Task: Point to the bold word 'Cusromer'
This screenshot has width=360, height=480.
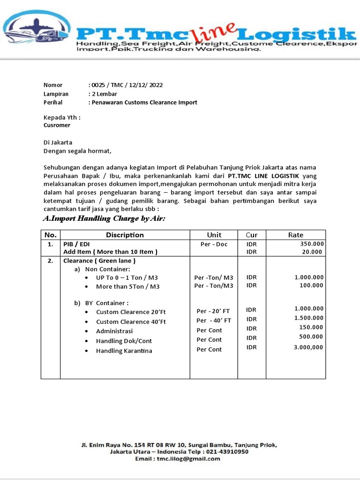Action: pyautogui.click(x=57, y=125)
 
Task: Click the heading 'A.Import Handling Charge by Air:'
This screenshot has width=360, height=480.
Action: pyautogui.click(x=104, y=218)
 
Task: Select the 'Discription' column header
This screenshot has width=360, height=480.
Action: pyautogui.click(x=125, y=235)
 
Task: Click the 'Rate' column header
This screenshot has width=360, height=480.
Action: pyautogui.click(x=295, y=235)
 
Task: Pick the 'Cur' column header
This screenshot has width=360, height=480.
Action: pyautogui.click(x=251, y=235)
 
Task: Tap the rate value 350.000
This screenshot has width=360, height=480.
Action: pyautogui.click(x=311, y=244)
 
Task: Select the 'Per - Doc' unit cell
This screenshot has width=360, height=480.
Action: pyautogui.click(x=214, y=244)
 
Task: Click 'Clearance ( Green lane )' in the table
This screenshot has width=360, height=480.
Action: pyautogui.click(x=99, y=261)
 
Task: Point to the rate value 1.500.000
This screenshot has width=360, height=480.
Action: pyautogui.click(x=308, y=318)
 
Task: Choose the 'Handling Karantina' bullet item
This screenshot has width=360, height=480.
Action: pyautogui.click(x=124, y=351)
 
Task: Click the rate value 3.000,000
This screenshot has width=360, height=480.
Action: pyautogui.click(x=308, y=347)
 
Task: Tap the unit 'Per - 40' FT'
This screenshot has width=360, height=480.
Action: pyautogui.click(x=214, y=321)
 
